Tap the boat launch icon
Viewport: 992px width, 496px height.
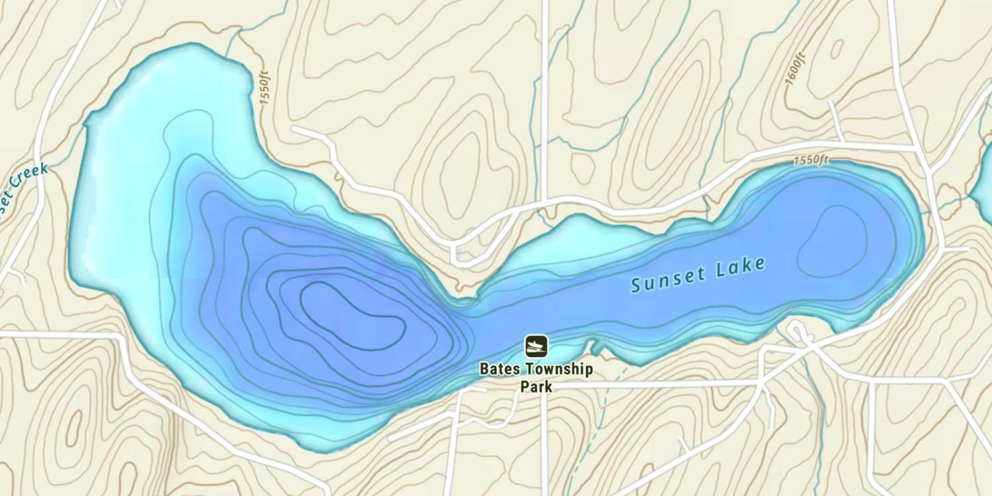coord(536,345)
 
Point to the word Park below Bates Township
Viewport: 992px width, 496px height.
coord(536,386)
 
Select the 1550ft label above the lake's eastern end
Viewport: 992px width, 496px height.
coord(811,160)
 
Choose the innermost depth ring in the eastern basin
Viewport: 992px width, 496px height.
coord(832,241)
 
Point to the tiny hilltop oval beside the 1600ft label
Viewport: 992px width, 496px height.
coord(837,49)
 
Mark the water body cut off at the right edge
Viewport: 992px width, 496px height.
coord(984,179)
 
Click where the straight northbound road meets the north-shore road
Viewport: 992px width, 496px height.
coord(545,201)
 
